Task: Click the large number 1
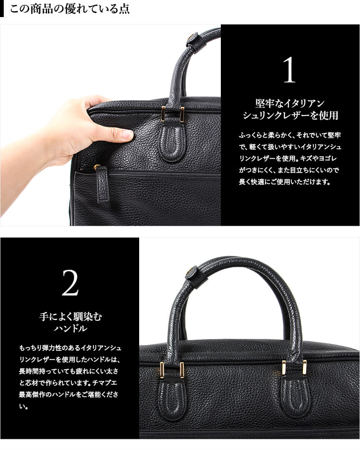pos(289,70)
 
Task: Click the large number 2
pos(70,283)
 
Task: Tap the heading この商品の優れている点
pos(70,9)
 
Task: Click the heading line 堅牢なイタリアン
pos(290,103)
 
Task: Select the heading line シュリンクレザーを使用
pos(290,115)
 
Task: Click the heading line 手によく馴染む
pos(70,316)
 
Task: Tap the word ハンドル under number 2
pos(70,328)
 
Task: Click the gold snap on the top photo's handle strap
pos(190,37)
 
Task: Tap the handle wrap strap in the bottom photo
pos(196,277)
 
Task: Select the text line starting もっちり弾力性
pos(70,348)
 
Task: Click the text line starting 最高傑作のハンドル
pos(68,395)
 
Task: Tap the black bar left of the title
pos(2,8)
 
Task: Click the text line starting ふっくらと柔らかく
pos(290,135)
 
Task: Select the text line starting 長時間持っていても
pos(68,371)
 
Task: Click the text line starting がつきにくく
pos(289,170)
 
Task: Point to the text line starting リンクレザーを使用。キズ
pos(287,159)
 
